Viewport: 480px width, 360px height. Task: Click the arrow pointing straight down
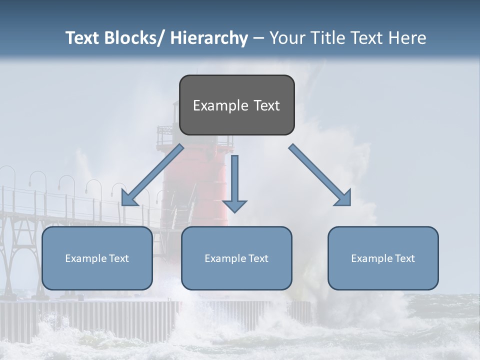pyautogui.click(x=234, y=180)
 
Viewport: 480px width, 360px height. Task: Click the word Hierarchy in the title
pyautogui.click(x=209, y=38)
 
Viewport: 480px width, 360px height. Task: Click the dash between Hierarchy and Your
pyautogui.click(x=258, y=38)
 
